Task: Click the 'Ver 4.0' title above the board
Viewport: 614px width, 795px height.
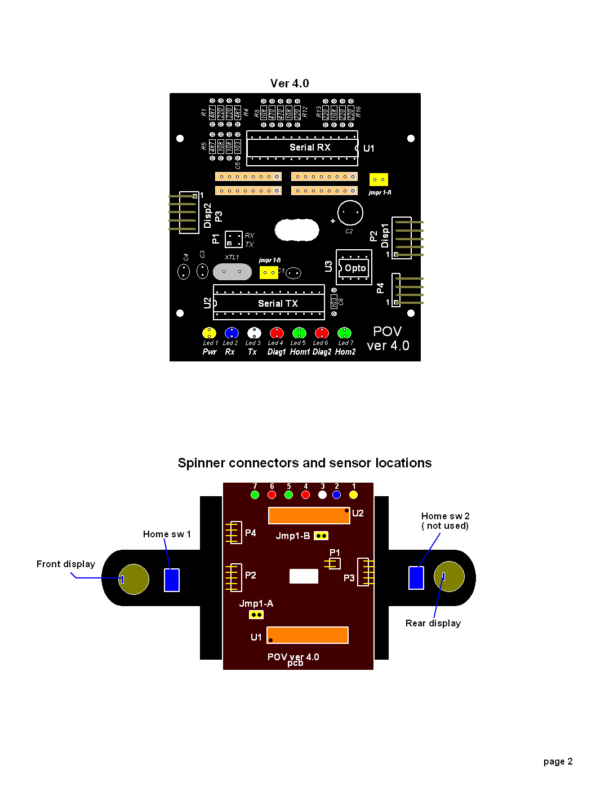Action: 290,83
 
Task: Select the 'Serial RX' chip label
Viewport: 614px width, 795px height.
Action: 310,147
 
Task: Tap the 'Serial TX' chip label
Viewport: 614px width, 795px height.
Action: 278,303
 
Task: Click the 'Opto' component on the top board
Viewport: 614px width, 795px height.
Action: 355,268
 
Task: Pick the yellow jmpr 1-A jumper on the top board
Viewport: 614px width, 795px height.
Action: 379,180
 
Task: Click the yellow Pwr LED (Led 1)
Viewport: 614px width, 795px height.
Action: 209,333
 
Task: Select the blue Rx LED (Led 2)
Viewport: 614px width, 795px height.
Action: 232,333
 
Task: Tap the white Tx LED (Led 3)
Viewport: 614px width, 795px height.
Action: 254,333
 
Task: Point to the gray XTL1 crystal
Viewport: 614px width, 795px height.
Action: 232,272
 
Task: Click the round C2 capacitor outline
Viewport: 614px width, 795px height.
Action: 350,213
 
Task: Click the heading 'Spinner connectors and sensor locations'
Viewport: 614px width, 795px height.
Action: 304,463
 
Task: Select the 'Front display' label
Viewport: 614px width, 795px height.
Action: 66,564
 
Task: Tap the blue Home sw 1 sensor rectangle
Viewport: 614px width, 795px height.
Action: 172,580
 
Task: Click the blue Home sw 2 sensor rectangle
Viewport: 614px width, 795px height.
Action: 416,577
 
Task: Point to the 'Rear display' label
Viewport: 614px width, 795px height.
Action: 433,623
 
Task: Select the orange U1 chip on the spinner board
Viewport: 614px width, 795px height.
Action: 308,635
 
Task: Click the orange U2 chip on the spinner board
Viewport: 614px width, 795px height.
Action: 309,515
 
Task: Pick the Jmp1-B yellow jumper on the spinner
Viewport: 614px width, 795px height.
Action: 321,536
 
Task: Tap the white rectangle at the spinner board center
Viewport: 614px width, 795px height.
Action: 304,576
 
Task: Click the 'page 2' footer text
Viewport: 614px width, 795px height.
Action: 558,761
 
